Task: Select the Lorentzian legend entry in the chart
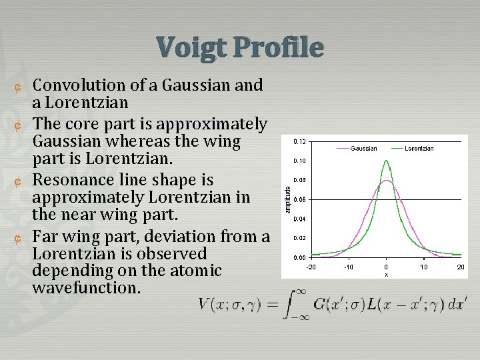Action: (419, 148)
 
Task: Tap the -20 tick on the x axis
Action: (311, 267)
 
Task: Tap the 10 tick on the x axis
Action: (423, 267)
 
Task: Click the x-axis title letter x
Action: (386, 274)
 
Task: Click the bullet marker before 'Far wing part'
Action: (19, 237)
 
